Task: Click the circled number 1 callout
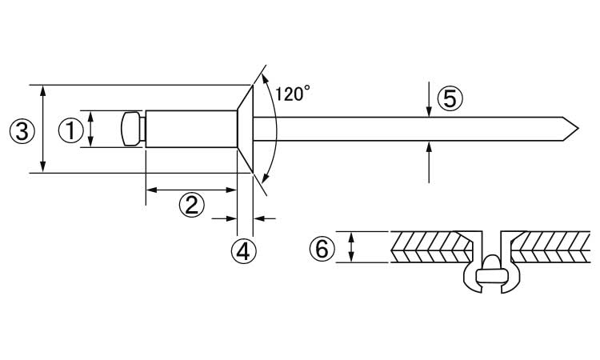71,130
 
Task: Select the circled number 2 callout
192,205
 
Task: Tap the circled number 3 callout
22,131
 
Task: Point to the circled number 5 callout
450,98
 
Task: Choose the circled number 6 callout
322,249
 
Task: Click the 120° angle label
293,94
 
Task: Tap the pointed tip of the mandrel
578,129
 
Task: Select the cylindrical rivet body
191,129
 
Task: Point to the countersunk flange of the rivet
245,129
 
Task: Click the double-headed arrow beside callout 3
43,129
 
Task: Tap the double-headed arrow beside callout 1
90,129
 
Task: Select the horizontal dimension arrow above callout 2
191,190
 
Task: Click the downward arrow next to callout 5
429,98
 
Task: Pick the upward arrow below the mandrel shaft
429,162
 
